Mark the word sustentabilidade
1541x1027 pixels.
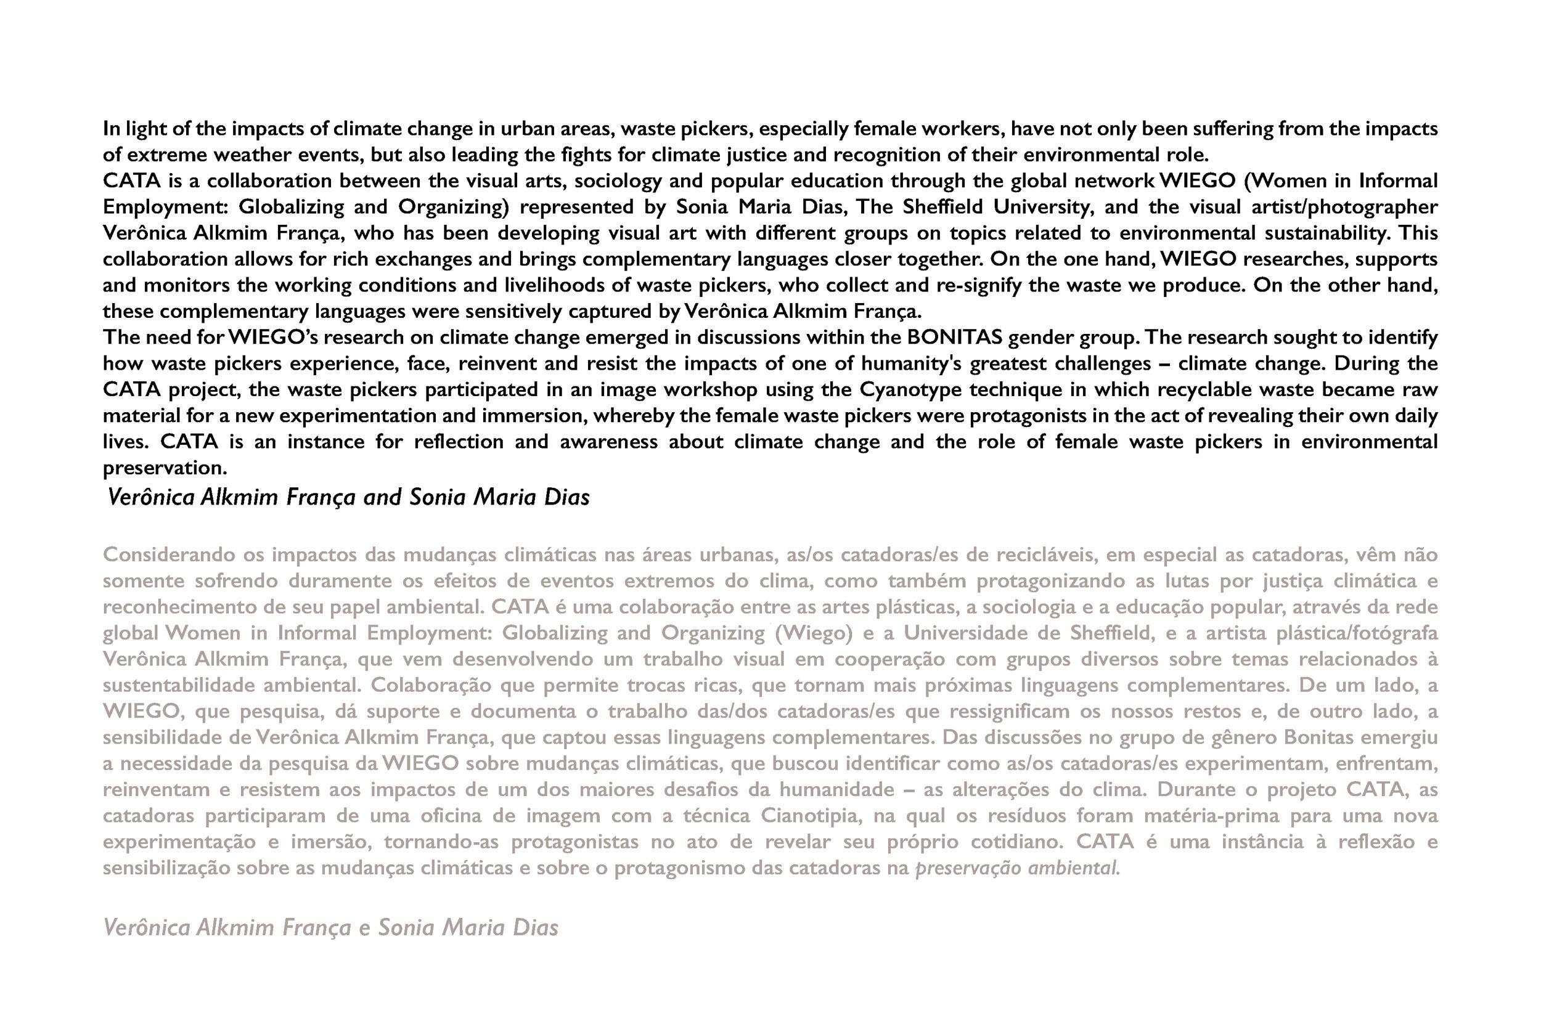tap(179, 686)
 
